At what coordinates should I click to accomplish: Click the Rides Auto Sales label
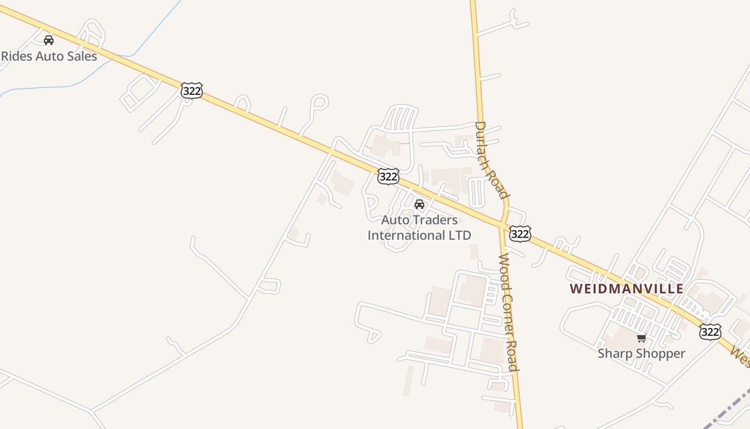[x=49, y=56]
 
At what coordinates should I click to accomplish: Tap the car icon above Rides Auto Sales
[x=49, y=40]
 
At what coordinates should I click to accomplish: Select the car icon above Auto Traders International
[x=419, y=204]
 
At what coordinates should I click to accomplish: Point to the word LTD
[x=460, y=235]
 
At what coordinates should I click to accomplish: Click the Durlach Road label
[x=490, y=160]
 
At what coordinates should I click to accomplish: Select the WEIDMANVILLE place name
[x=626, y=289]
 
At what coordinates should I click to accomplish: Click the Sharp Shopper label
[x=641, y=353]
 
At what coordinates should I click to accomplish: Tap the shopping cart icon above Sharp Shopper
[x=641, y=338]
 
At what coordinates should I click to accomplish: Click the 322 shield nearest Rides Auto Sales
[x=191, y=91]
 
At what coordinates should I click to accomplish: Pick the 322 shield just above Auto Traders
[x=388, y=176]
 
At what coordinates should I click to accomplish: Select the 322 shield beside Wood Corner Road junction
[x=520, y=233]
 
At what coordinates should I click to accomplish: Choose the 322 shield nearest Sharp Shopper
[x=710, y=332]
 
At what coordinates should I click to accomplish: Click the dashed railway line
[x=729, y=408]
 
